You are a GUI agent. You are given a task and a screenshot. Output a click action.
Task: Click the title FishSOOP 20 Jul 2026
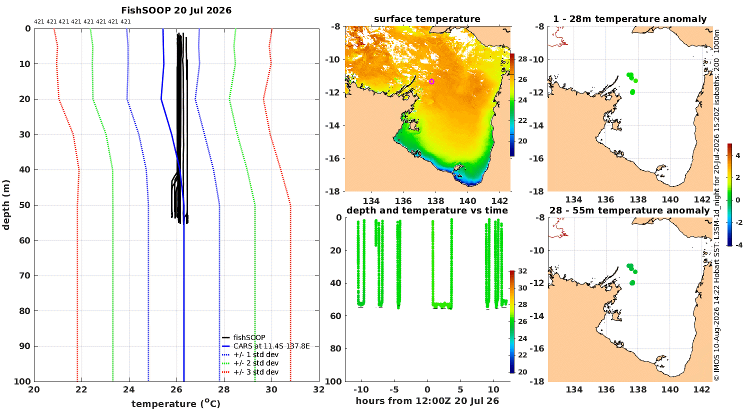(x=176, y=10)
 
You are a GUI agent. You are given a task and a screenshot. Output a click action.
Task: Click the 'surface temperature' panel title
(x=427, y=19)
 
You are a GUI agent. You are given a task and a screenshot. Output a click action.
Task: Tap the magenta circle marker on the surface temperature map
(x=431, y=81)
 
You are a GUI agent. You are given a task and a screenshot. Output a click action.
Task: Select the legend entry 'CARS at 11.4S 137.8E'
(x=271, y=345)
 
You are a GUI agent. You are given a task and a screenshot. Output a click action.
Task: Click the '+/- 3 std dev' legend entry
(x=256, y=372)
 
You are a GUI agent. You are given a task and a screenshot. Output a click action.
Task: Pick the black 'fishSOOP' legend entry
(x=249, y=337)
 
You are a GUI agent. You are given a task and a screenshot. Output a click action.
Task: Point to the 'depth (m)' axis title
(x=6, y=205)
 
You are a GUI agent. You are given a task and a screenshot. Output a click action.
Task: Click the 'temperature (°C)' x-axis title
(x=176, y=403)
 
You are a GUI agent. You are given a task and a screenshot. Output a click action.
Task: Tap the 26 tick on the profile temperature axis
(x=176, y=389)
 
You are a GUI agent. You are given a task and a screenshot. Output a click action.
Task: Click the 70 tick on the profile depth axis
(x=25, y=275)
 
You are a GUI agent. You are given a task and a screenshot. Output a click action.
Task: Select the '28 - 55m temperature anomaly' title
(x=629, y=210)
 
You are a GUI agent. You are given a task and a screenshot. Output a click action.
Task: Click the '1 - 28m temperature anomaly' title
(x=630, y=19)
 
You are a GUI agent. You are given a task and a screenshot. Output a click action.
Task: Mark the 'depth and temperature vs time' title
(x=427, y=210)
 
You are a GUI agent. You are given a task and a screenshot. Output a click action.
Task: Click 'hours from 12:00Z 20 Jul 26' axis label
(x=427, y=400)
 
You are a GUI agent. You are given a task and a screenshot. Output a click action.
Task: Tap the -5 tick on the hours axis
(x=394, y=389)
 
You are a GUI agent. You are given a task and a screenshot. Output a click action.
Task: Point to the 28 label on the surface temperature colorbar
(x=522, y=59)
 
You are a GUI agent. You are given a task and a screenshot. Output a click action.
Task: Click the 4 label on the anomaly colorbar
(x=738, y=156)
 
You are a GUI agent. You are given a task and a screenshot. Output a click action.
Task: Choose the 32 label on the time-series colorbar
(x=522, y=271)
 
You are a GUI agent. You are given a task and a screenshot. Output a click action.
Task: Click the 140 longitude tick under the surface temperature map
(x=467, y=201)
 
